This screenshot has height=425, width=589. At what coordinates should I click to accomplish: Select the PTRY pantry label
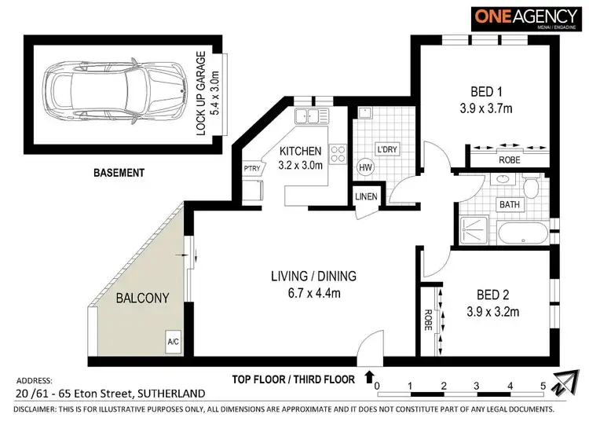point(252,167)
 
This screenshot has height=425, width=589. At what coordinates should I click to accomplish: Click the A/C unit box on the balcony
point(172,343)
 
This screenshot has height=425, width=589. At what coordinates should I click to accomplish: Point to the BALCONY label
point(138,298)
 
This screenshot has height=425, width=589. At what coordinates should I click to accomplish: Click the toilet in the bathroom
point(532,187)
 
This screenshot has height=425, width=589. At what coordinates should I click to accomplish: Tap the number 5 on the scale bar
point(543,386)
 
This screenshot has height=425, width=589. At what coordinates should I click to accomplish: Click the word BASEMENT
point(119,172)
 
